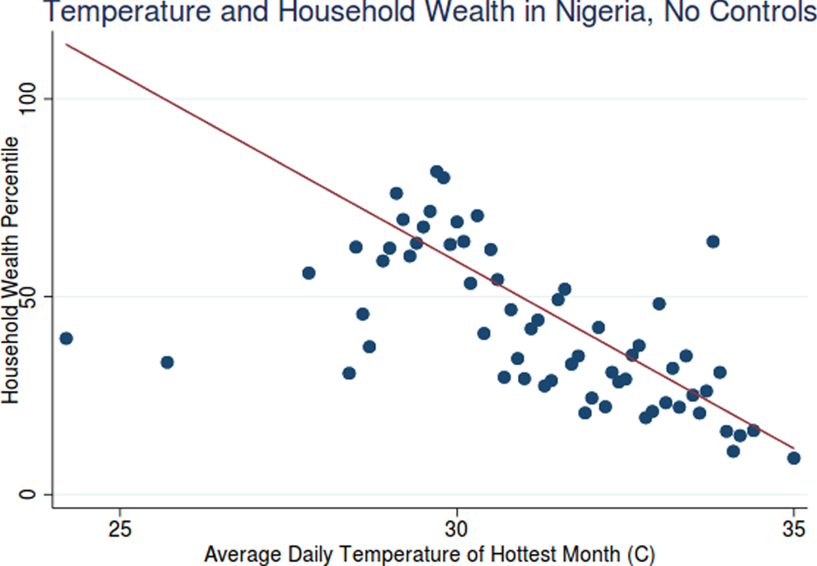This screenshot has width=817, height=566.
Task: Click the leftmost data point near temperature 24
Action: tap(66, 338)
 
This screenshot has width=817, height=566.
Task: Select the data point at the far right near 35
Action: tap(793, 458)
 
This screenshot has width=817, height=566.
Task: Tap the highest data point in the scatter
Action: tap(437, 172)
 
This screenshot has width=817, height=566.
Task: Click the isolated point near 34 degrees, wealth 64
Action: tap(713, 242)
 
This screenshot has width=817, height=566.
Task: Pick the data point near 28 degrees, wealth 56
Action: tap(309, 273)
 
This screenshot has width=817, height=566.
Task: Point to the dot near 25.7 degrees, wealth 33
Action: tap(167, 362)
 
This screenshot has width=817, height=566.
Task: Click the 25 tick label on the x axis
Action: tap(120, 529)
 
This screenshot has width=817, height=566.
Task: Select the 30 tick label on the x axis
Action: tap(456, 529)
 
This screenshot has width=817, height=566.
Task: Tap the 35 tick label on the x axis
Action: tap(793, 529)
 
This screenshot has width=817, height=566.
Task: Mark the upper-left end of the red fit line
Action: tap(67, 44)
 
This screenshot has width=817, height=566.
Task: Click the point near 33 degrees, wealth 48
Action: tap(659, 304)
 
